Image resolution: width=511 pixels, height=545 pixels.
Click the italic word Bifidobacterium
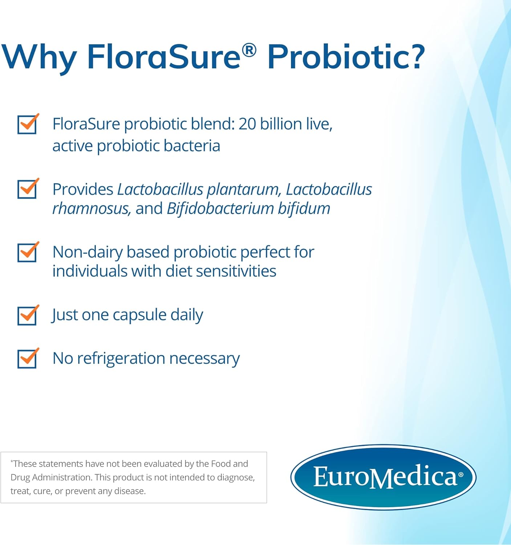point(220,209)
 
